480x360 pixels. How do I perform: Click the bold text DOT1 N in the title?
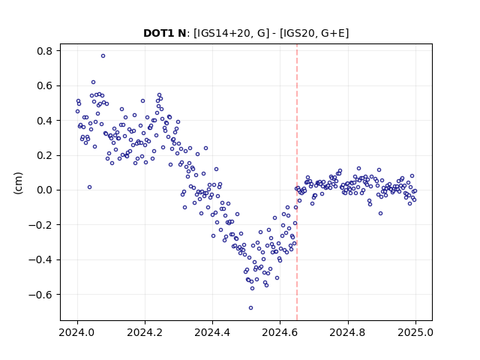tap(164, 33)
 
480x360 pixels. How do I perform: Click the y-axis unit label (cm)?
tap(18, 183)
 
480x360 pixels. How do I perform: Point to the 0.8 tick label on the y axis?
tap(45, 51)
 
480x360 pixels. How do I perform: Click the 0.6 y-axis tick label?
tap(45, 85)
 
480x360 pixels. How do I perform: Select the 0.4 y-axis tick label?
tap(45, 121)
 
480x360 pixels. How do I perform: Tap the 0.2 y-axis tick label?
tap(45, 155)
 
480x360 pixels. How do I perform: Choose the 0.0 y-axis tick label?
tap(45, 190)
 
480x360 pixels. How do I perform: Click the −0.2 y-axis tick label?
tap(40, 225)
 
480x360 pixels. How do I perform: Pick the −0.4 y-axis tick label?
tap(40, 260)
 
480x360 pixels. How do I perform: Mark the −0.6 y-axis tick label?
tap(40, 295)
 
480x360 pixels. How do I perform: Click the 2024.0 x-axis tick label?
tap(77, 332)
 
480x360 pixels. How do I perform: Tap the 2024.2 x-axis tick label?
tap(145, 332)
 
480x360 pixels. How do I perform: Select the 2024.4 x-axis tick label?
tap(212, 332)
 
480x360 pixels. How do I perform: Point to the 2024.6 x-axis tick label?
tap(280, 332)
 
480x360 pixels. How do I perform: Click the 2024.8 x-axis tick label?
tap(348, 332)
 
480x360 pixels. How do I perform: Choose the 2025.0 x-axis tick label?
tap(415, 332)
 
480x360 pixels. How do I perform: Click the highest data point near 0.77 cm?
tap(103, 56)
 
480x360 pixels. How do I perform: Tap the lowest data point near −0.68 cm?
tap(250, 308)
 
